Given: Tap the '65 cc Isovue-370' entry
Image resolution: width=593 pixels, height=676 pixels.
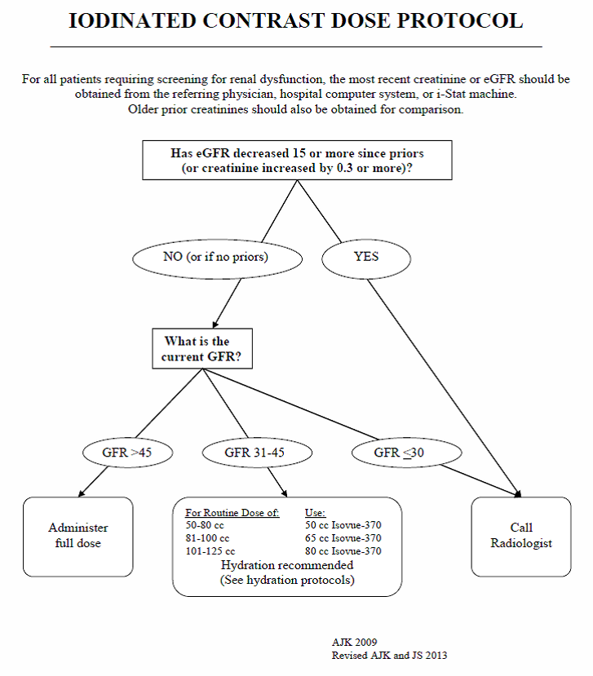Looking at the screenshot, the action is click(x=343, y=538).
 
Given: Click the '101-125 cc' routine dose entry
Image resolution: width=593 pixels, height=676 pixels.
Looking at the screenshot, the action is click(x=210, y=551).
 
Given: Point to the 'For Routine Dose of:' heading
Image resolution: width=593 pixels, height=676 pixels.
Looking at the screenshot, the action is click(x=232, y=513).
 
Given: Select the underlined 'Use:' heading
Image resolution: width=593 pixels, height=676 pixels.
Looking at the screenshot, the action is click(x=315, y=513).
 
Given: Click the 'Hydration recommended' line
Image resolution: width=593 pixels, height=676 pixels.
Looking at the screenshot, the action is click(x=287, y=565).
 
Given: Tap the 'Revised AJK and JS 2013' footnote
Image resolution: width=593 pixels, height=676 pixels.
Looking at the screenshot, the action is click(x=389, y=656).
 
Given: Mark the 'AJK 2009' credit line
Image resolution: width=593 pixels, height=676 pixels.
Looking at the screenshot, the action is click(x=354, y=642).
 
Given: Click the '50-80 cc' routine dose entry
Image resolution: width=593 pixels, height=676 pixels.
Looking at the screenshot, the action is click(x=205, y=525).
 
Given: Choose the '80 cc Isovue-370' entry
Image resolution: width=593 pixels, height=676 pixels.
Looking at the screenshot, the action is click(x=343, y=551).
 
